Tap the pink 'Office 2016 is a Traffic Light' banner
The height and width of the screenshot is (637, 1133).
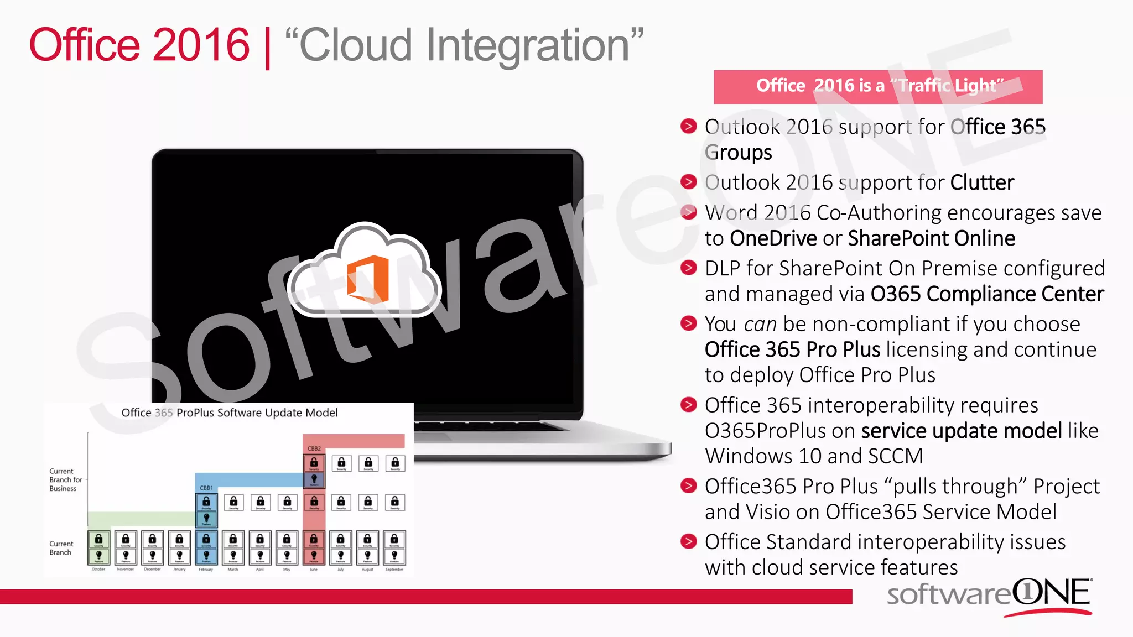point(878,87)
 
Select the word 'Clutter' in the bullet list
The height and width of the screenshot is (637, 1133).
point(982,182)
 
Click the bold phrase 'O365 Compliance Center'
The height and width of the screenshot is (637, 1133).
point(987,294)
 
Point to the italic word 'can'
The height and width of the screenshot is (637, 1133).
point(760,325)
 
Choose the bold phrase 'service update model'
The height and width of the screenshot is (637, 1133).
point(962,431)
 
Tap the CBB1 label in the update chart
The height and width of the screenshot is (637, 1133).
point(206,488)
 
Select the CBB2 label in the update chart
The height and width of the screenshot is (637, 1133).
point(314,448)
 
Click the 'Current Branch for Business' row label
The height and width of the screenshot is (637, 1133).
point(64,480)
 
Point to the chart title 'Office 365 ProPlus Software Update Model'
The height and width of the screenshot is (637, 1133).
point(230,413)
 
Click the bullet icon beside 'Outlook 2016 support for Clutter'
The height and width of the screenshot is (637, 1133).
point(688,182)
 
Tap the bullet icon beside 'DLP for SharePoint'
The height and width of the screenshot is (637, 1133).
point(688,268)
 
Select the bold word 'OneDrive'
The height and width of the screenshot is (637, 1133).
point(773,238)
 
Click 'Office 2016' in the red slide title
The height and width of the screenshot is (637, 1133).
point(139,45)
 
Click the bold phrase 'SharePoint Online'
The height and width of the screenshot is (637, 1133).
point(931,238)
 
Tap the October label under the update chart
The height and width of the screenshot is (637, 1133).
point(98,569)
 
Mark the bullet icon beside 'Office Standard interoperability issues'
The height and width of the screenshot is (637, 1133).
point(688,541)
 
